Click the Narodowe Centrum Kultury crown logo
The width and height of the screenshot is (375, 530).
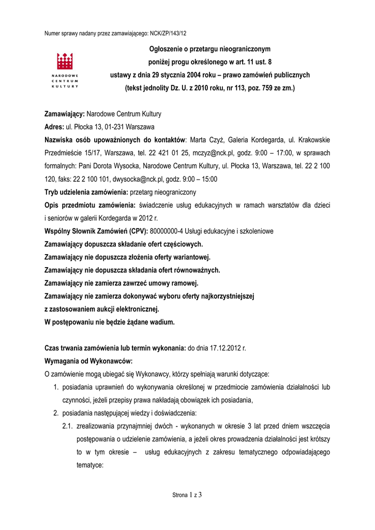pos(64,62)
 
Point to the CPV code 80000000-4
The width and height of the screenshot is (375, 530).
pos(169,230)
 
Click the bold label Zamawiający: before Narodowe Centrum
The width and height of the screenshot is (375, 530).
pos(65,113)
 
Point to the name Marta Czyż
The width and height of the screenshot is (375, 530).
pos(206,140)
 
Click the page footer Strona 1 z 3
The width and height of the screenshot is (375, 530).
pos(187,495)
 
